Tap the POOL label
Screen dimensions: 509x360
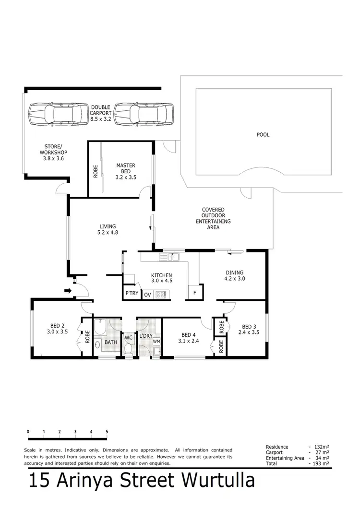pyautogui.click(x=263, y=135)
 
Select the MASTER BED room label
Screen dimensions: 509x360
pyautogui.click(x=126, y=171)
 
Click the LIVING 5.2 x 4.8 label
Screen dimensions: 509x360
pyautogui.click(x=108, y=229)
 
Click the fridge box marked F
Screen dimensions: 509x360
pyautogui.click(x=194, y=293)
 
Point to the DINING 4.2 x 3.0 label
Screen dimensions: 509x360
pyautogui.click(x=235, y=275)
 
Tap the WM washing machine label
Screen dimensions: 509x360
pyautogui.click(x=156, y=342)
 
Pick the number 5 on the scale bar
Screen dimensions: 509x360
pyautogui.click(x=107, y=432)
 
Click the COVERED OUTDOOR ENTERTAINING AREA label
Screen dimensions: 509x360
pyautogui.click(x=213, y=219)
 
